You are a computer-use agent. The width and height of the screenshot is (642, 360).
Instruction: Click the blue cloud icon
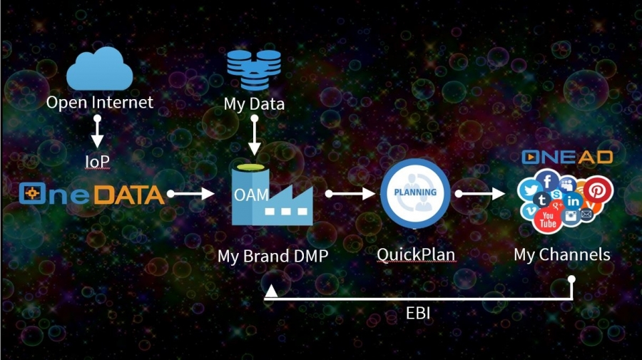point(99,68)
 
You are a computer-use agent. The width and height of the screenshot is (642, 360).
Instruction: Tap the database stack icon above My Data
point(254,70)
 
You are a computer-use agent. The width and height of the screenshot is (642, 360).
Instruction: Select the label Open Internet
point(99,102)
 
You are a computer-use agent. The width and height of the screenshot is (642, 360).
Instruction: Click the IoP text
point(97,162)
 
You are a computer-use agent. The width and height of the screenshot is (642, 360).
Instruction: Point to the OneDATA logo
point(92,194)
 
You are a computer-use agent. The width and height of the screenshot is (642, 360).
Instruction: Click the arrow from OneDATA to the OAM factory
point(190,193)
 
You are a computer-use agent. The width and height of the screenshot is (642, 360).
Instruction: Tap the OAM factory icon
point(272,195)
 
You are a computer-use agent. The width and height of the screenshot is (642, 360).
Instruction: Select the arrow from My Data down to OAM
point(254,135)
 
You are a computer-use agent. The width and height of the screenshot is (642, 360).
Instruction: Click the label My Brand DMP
point(272,256)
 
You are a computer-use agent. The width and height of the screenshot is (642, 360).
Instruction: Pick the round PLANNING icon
point(415,193)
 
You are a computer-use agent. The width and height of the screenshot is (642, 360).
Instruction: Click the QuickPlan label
point(416,255)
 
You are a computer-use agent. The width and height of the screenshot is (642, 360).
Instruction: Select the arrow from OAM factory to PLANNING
point(350,193)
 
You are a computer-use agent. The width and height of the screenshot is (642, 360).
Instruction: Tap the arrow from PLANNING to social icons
point(480,193)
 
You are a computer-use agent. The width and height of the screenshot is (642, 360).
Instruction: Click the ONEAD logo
point(567,157)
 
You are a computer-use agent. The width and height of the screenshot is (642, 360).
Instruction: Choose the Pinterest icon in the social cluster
point(598,190)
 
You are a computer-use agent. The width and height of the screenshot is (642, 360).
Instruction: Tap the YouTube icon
point(548,220)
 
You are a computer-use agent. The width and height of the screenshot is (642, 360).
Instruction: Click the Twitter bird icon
point(530,190)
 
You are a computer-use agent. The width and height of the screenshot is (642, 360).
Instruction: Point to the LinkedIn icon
point(573,201)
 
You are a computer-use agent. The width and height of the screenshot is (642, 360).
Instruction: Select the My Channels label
point(562,254)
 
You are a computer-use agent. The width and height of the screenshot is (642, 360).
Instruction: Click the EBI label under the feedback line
point(417,314)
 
